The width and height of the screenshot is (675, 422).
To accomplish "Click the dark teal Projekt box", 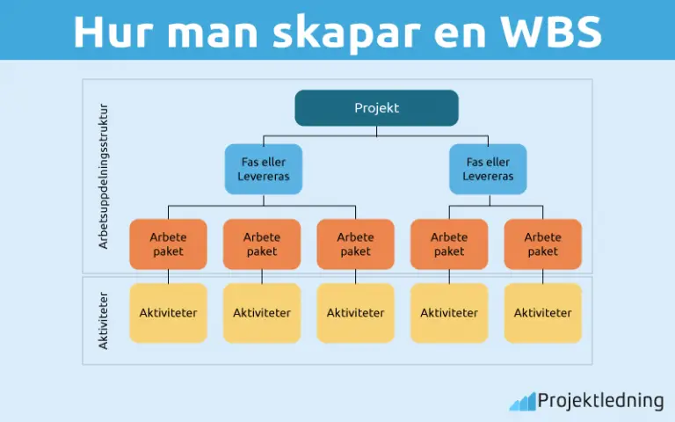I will point(376,108).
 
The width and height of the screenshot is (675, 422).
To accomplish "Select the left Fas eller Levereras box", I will point(263,169).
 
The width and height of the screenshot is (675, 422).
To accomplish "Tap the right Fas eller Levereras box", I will point(488,169).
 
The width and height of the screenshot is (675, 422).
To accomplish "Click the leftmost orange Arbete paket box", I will point(168,244).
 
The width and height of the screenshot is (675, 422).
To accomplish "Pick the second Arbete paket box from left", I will point(262,244).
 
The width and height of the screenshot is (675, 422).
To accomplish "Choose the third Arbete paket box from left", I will point(355,244).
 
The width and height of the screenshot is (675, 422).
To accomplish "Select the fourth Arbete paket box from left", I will point(449,244).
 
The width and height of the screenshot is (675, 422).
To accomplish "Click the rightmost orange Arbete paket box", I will point(542,244).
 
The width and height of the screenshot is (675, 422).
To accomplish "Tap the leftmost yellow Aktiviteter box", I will point(168,312).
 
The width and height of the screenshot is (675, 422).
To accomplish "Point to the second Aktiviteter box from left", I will point(262,312).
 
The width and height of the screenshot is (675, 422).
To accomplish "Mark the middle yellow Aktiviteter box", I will point(355,312).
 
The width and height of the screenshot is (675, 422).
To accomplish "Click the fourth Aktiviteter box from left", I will point(449,312).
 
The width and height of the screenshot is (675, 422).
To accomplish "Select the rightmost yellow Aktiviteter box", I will point(542,312).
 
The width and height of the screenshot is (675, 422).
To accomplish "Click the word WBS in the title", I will point(551,32).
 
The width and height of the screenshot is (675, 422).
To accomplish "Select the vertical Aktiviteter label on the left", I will point(103,322).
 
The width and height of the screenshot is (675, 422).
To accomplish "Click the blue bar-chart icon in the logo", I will point(521,402).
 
